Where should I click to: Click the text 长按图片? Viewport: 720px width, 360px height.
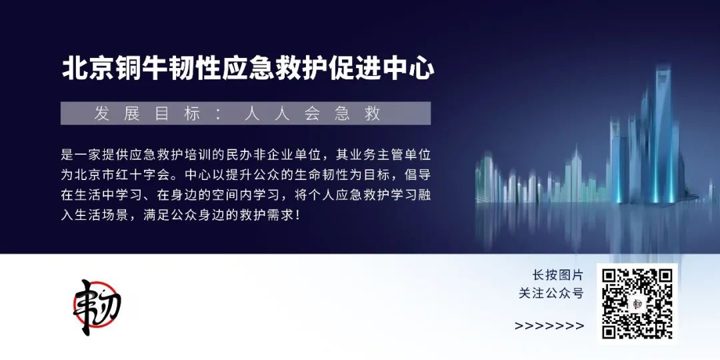557,275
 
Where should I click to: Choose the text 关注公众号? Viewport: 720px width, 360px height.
551,293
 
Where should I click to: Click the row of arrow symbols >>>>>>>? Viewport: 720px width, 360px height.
549,326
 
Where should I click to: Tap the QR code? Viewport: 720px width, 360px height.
637,304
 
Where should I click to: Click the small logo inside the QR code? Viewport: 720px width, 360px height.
637,304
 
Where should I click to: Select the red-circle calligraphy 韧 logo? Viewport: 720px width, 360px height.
97,306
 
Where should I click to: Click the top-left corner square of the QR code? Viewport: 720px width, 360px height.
610,277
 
